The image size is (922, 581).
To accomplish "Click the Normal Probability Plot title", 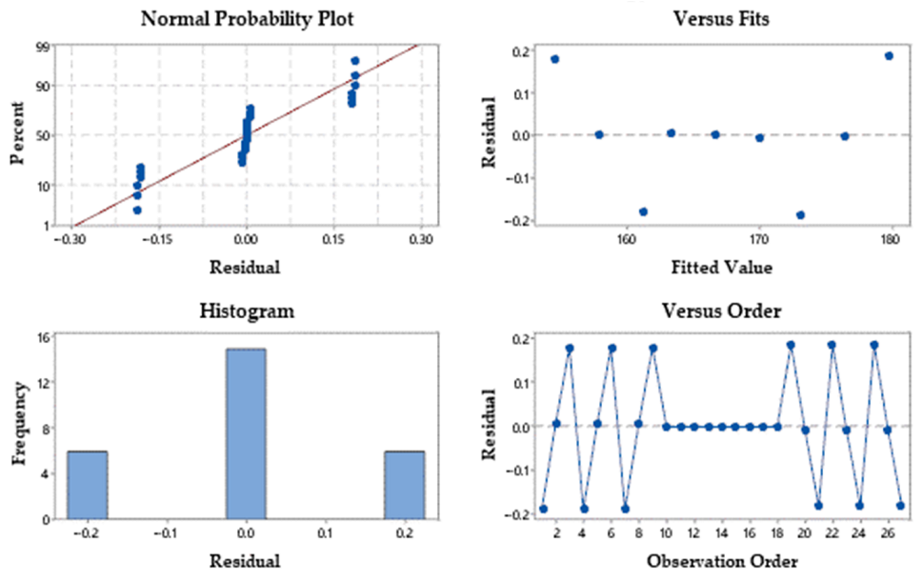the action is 247,19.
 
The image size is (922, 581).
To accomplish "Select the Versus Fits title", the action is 721,19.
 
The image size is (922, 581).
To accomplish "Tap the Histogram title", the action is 247,311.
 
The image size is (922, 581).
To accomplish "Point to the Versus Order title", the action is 721,311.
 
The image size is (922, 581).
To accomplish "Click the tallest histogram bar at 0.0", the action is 247,434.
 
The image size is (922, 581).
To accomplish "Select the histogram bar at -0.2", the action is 88,485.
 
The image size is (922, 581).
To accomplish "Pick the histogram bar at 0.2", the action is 405,485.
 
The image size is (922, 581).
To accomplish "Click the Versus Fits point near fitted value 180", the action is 889,56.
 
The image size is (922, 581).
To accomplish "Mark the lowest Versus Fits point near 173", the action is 800,215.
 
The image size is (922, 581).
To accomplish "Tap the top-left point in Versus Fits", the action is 554,59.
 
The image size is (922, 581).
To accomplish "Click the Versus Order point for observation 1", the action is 543,509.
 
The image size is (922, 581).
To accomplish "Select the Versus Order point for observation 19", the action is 791,345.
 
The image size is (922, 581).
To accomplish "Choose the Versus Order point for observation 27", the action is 900,506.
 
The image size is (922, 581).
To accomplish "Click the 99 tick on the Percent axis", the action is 42,47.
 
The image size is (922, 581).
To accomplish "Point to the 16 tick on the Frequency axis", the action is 44,337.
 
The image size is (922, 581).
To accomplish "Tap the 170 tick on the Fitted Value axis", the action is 759,239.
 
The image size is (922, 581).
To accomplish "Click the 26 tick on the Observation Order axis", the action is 888,532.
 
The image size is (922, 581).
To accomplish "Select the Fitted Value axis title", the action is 721,268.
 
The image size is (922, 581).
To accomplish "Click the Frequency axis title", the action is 19,424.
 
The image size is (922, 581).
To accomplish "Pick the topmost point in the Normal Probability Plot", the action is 355,61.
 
